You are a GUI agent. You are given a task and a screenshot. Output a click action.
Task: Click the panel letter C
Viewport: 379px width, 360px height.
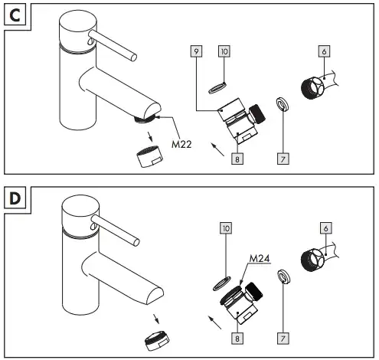click(15, 15)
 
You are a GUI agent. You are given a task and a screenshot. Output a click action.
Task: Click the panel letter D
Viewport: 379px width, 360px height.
click(15, 198)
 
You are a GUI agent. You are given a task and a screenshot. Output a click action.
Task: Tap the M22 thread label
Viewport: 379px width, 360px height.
click(181, 145)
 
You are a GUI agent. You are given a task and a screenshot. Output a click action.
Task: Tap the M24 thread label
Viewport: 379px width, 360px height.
click(260, 259)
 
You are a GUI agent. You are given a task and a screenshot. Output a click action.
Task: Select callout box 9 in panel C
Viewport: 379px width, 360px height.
click(196, 51)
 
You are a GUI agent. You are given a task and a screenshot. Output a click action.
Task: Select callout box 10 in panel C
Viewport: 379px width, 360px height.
click(224, 51)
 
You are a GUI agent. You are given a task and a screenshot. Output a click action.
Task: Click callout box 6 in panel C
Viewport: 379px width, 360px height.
click(324, 51)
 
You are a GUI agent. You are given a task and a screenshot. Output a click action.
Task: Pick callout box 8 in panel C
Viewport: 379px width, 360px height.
click(237, 159)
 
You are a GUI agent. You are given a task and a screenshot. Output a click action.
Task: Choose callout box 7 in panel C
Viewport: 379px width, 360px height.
click(283, 159)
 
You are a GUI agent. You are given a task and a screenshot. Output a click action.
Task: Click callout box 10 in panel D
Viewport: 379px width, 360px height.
click(226, 228)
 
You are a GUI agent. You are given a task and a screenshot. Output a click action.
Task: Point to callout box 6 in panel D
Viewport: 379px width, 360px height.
click(325, 228)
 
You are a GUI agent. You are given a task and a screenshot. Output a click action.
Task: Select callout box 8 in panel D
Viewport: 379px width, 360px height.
click(237, 339)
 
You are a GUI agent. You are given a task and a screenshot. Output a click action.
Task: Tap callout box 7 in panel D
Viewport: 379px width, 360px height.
click(283, 339)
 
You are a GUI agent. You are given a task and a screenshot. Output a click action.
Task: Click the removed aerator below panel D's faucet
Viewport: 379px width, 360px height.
click(157, 341)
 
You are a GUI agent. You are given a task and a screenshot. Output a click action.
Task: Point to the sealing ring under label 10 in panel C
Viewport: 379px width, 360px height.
click(217, 87)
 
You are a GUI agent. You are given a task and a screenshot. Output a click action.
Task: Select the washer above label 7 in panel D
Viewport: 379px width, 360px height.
click(284, 277)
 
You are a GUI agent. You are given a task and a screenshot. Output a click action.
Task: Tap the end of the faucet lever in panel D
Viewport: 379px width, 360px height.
click(136, 242)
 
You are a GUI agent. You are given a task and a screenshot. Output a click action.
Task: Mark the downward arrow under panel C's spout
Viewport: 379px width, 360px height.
click(149, 136)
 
